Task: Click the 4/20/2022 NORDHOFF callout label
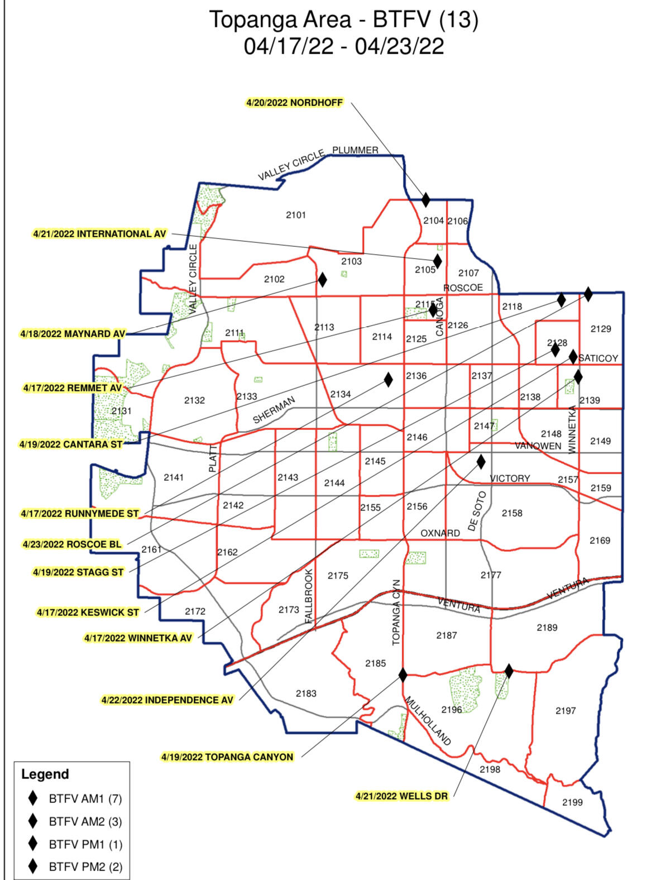[x=294, y=103]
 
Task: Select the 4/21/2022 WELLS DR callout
[x=401, y=796]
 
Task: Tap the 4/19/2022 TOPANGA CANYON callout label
[x=227, y=757]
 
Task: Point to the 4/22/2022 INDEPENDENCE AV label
[x=167, y=700]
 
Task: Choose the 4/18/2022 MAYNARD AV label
[x=73, y=334]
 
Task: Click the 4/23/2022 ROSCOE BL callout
[x=71, y=544]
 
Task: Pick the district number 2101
[x=296, y=215]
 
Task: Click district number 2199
[x=572, y=802]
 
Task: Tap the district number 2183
[x=306, y=694]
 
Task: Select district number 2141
[x=174, y=477]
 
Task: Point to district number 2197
[x=565, y=711]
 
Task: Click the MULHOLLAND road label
[x=427, y=721]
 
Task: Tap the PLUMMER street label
[x=355, y=150]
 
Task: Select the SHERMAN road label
[x=274, y=410]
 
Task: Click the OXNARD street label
[x=440, y=533]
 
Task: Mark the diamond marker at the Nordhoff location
[x=426, y=199]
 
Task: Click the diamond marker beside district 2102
[x=322, y=279]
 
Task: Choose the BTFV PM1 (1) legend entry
[x=85, y=844]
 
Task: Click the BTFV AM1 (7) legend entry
[x=85, y=798]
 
